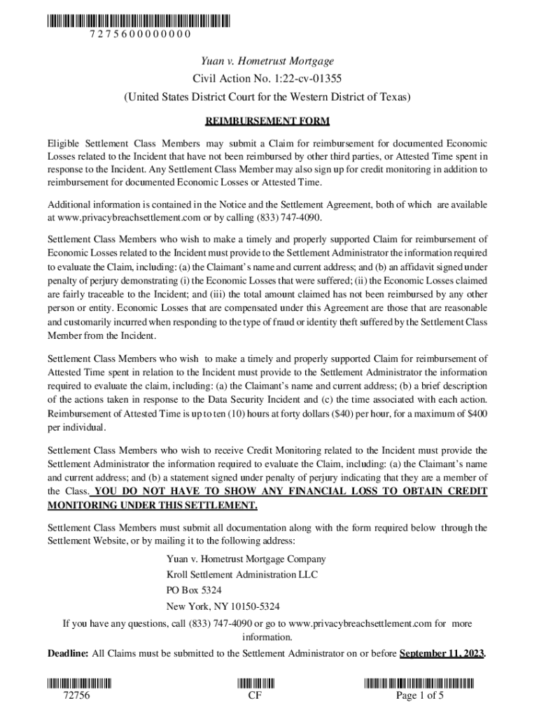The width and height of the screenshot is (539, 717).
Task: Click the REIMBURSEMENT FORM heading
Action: click(x=267, y=122)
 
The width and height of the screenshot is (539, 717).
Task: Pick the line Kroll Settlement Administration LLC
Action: click(x=241, y=574)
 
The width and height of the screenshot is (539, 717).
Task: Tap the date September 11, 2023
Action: click(x=441, y=654)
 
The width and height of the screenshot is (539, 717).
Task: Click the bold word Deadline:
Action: click(x=68, y=654)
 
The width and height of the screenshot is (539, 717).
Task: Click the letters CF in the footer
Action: click(x=255, y=696)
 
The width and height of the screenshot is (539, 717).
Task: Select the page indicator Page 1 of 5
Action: click(x=420, y=696)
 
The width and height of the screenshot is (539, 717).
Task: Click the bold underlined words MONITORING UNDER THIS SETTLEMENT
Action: click(x=152, y=505)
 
